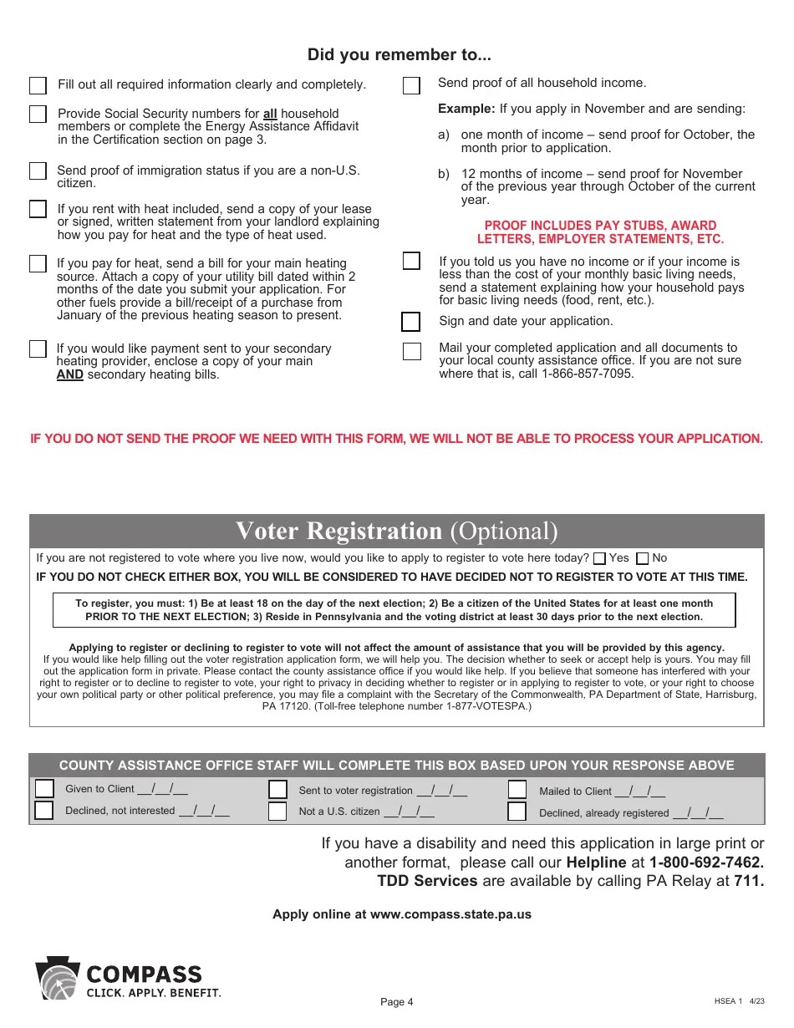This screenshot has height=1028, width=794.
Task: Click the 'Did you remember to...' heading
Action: point(399,55)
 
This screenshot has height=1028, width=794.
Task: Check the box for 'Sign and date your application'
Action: point(410,322)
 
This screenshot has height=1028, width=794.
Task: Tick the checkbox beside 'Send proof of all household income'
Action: point(411,86)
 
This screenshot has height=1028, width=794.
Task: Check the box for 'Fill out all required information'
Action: point(38,85)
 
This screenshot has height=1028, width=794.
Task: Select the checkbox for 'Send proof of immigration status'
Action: point(38,170)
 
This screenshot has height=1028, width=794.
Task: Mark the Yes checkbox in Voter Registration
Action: point(599,558)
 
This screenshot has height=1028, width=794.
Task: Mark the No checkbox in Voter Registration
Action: point(642,558)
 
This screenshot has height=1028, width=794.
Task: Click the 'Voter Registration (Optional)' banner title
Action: point(396,532)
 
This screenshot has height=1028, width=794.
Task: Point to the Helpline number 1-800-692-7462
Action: point(706,862)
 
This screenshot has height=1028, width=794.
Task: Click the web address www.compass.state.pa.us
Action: point(450,914)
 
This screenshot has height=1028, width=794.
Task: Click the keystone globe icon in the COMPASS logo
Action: point(57,980)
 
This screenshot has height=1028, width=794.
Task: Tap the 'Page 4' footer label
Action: point(397,1002)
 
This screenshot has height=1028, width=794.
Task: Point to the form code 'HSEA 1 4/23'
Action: point(739,1000)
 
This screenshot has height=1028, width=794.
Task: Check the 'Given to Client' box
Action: point(43,789)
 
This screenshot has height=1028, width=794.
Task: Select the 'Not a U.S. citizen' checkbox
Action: point(277,812)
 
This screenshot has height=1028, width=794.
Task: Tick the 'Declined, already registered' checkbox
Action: point(517,812)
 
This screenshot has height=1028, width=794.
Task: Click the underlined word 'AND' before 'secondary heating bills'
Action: point(69,374)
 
